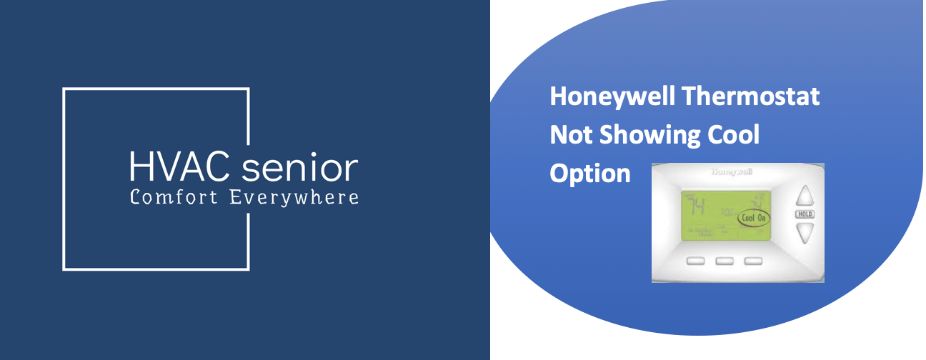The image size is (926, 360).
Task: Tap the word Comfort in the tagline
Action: (x=174, y=197)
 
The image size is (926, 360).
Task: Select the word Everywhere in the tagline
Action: (x=294, y=198)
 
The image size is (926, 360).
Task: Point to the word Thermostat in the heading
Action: (x=760, y=96)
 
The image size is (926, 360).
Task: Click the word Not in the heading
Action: (x=569, y=135)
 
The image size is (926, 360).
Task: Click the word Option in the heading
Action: (x=590, y=173)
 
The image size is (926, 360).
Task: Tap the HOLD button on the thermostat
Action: (x=805, y=214)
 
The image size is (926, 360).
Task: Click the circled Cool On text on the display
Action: (x=755, y=217)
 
